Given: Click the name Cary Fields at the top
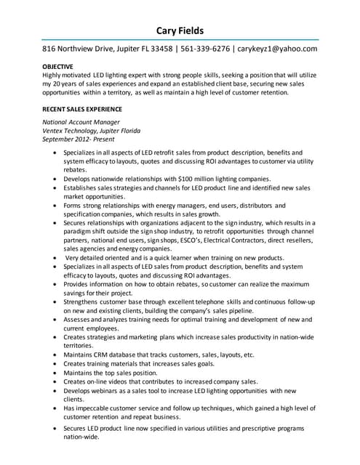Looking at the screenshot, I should (x=180, y=30).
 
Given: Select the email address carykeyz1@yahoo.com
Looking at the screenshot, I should (x=278, y=49).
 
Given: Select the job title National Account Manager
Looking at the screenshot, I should (x=81, y=122).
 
